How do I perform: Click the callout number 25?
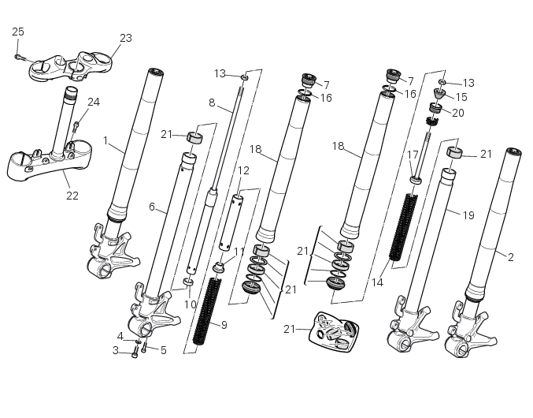click(18, 32)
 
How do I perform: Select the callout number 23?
click(126, 38)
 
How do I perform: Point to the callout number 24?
click(94, 102)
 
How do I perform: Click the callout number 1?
click(105, 140)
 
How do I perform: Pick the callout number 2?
click(510, 257)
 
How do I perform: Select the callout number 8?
click(212, 103)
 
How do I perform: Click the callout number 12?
click(243, 170)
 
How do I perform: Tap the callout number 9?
click(224, 325)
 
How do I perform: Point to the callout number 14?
click(377, 282)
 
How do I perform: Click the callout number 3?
click(115, 350)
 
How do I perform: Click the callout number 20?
click(457, 113)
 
